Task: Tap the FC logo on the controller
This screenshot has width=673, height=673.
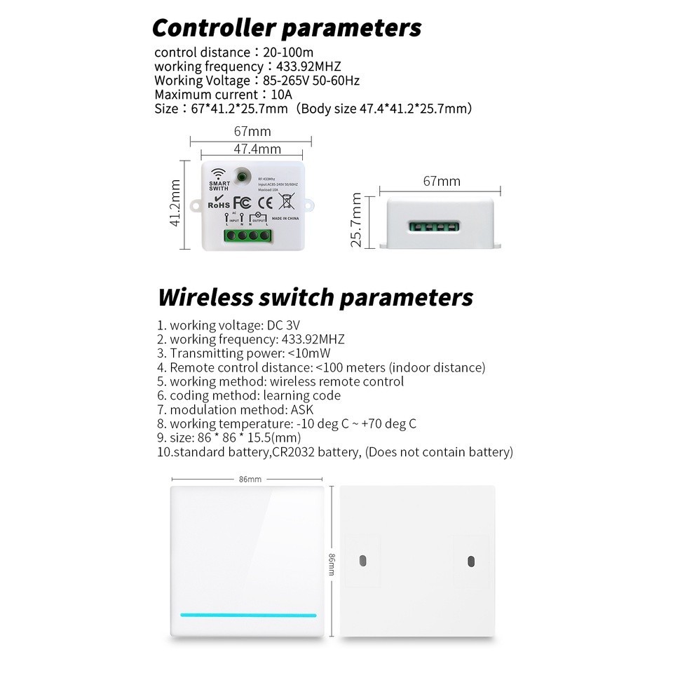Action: point(242,203)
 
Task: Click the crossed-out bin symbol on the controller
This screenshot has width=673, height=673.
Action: point(286,201)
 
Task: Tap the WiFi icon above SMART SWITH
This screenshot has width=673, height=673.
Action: point(219,174)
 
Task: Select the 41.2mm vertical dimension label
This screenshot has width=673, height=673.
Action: point(175,203)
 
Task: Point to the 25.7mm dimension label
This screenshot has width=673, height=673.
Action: point(357,219)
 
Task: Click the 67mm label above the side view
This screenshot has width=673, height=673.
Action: point(442,182)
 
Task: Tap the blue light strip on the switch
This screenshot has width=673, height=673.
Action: point(248,615)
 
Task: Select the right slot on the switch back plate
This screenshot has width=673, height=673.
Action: point(470,561)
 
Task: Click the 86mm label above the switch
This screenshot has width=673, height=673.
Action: point(250,480)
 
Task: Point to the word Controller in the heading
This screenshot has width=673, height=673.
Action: point(215,28)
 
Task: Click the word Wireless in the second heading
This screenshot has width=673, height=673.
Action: point(205,297)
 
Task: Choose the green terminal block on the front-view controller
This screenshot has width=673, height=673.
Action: point(247,236)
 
